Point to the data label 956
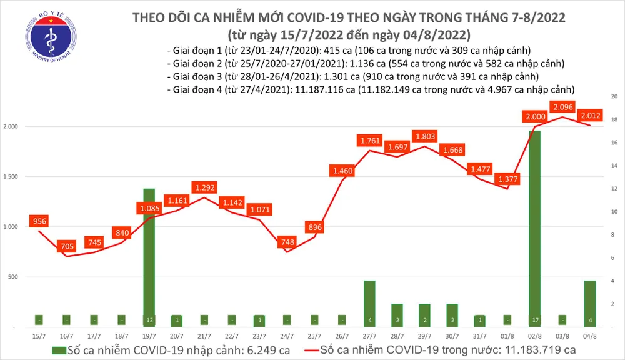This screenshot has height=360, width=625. (39, 222)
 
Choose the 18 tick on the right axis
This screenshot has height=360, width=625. (614, 120)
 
